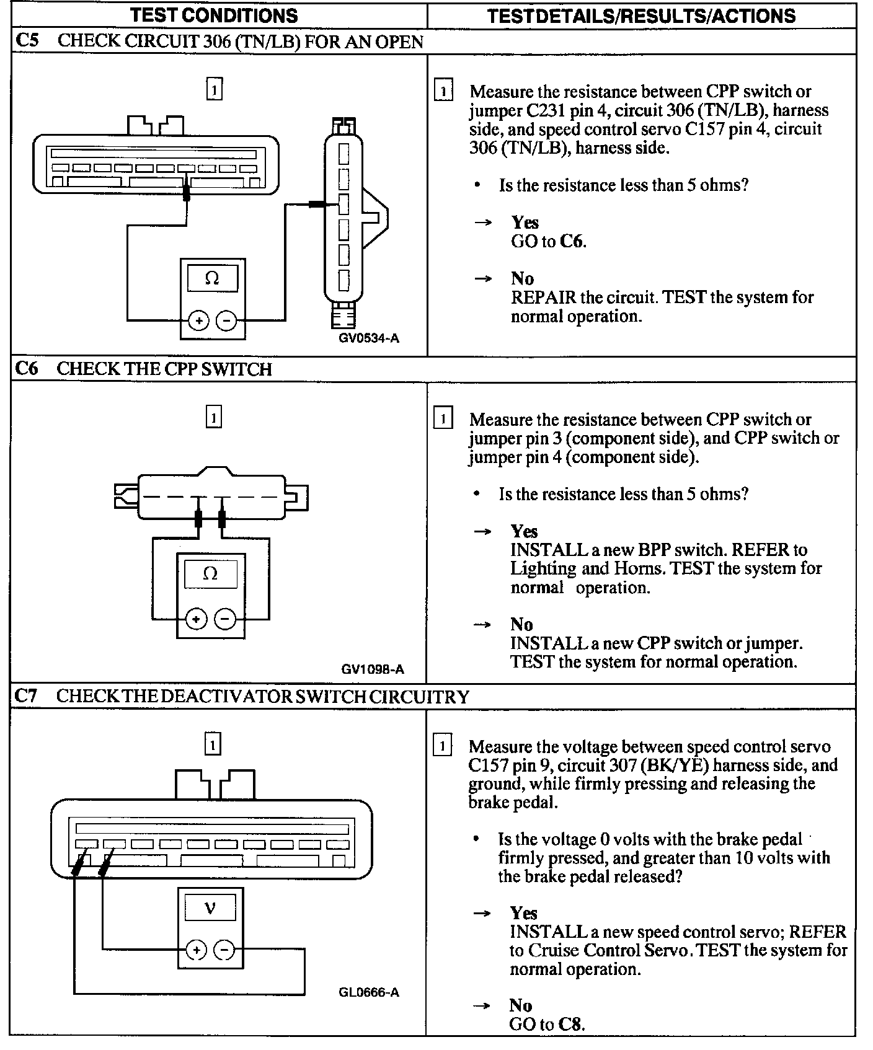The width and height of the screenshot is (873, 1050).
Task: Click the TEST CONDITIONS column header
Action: point(214,15)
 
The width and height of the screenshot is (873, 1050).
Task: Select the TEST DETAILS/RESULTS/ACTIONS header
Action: point(641,15)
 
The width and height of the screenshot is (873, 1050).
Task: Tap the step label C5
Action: point(27,41)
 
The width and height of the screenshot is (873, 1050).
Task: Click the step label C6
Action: point(27,369)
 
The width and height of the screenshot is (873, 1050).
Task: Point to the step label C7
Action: point(27,696)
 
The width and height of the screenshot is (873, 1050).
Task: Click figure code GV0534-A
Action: point(369,338)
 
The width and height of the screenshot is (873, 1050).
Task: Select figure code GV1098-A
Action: point(373,669)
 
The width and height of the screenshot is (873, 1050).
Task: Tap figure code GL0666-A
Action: point(369,992)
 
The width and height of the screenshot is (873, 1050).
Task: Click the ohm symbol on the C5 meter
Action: point(212,279)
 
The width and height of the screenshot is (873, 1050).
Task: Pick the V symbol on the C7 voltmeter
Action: point(210,909)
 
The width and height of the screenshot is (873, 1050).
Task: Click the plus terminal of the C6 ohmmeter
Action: point(197,619)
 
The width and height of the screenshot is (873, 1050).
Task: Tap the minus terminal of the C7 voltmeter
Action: point(224,950)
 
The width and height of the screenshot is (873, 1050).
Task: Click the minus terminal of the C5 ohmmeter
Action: point(226,320)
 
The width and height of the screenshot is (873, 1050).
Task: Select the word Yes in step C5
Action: point(525,223)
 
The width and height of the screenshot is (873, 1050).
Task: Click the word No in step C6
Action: point(521,624)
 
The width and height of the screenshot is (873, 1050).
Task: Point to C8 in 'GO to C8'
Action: point(571,1023)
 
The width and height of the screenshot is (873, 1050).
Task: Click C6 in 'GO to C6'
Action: point(572,241)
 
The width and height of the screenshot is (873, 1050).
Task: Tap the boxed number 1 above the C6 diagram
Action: point(213,418)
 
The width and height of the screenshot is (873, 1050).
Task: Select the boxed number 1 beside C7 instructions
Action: point(442,746)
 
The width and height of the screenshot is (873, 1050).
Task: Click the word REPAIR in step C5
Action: point(543,298)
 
